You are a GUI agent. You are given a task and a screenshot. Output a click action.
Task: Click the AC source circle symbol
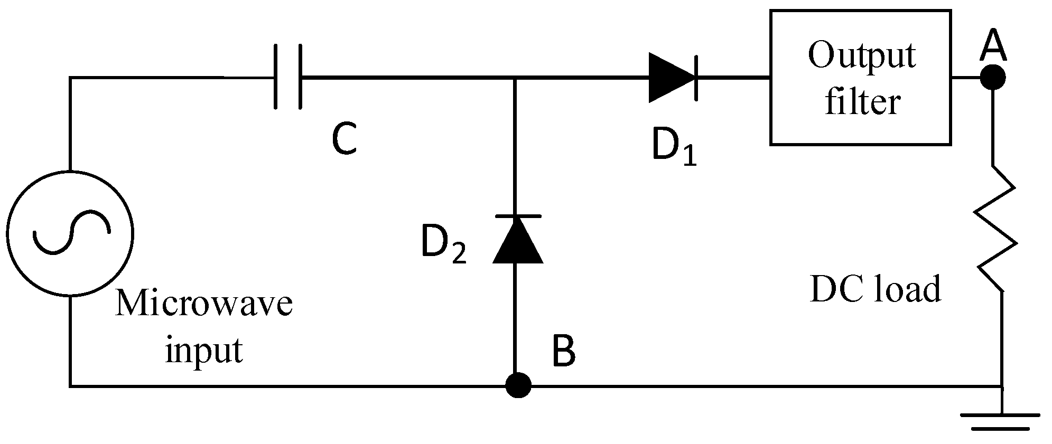tap(70, 233)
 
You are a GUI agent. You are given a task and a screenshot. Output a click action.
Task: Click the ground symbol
tap(1001, 421)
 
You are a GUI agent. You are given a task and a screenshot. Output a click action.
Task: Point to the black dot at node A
tap(993, 78)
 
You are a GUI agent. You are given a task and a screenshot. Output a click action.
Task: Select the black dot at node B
tap(518, 385)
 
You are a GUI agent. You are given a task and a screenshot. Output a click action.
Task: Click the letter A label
tap(993, 46)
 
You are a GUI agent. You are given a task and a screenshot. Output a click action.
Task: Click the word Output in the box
tap(861, 56)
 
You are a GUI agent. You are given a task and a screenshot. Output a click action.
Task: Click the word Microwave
tap(204, 304)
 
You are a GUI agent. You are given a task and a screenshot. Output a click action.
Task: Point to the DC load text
tap(875, 289)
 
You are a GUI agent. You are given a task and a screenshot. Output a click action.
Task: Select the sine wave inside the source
tap(71, 233)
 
